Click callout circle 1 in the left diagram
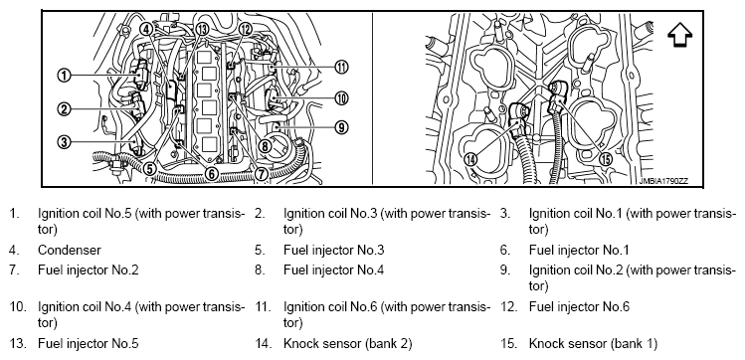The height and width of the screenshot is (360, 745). (x=64, y=75)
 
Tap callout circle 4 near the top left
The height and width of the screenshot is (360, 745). (x=146, y=30)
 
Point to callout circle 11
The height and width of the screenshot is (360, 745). (x=340, y=67)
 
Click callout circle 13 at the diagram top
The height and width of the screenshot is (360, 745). (x=202, y=30)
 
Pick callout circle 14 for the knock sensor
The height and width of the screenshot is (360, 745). (x=470, y=159)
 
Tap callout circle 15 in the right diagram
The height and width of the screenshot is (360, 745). (x=606, y=159)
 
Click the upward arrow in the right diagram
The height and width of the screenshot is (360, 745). (x=680, y=35)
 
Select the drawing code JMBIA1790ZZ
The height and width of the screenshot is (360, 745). (x=663, y=181)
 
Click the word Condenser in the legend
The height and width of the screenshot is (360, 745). (x=70, y=250)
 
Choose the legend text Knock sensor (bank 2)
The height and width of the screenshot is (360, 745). (x=348, y=343)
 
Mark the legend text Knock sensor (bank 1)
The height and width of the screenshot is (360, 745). (x=594, y=343)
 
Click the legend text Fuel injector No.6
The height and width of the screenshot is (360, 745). (x=579, y=307)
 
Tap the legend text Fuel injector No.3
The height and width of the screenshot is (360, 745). (x=334, y=250)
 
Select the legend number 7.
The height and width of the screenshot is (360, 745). (x=14, y=270)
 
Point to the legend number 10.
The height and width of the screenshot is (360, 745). (x=18, y=307)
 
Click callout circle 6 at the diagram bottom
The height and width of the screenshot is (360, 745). (x=212, y=174)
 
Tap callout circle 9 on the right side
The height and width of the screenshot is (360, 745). (x=340, y=127)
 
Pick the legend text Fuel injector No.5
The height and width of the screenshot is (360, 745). (x=89, y=343)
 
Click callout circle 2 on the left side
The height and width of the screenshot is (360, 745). (x=64, y=109)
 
